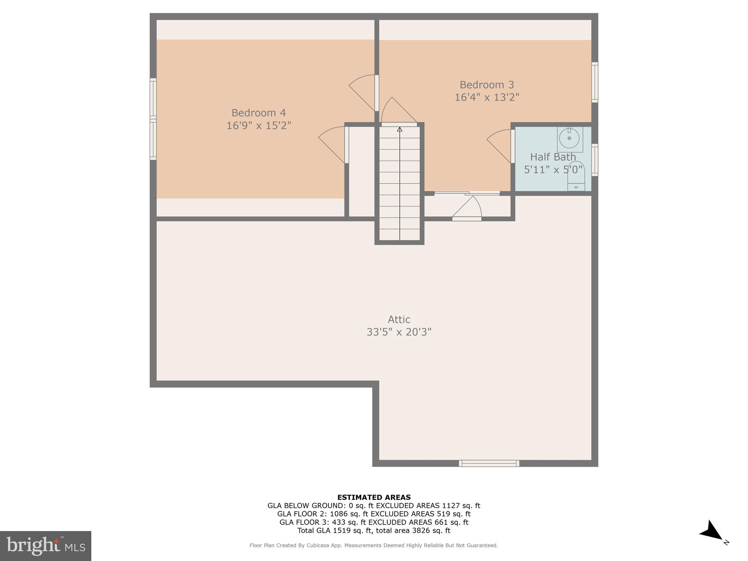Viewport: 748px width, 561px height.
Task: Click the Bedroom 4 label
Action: [x=259, y=112]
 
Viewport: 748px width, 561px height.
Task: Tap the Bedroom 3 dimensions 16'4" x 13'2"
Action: [x=487, y=98]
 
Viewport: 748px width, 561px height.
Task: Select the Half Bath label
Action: [x=553, y=157]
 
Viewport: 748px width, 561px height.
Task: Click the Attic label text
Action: [x=399, y=320]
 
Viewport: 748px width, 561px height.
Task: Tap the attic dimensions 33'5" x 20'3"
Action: [x=399, y=332]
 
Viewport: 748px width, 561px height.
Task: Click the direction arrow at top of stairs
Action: [x=400, y=129]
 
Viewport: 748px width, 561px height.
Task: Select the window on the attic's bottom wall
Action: [x=489, y=463]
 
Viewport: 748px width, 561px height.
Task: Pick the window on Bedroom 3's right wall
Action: [x=595, y=82]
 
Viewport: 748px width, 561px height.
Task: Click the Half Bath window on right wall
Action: [x=595, y=160]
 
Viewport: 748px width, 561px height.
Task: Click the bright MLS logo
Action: [x=46, y=546]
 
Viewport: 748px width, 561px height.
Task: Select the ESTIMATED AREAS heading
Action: [x=374, y=497]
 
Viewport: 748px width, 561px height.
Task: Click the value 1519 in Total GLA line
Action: [x=338, y=531]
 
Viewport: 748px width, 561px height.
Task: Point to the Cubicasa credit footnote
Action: [x=374, y=545]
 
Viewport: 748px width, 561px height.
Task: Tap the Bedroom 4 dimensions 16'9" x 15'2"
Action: [x=259, y=126]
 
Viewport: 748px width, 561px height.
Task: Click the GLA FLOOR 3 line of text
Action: [x=374, y=522]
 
